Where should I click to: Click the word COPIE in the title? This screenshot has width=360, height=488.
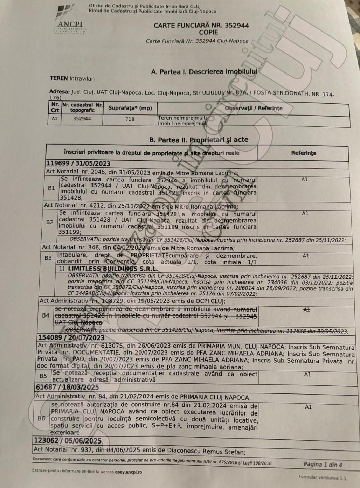click(208, 32)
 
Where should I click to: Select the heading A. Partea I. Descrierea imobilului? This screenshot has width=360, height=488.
click(204, 72)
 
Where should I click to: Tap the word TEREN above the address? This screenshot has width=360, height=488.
click(58, 78)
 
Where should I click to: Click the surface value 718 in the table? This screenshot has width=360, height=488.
click(130, 119)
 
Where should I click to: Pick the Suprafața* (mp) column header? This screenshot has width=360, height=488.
click(130, 108)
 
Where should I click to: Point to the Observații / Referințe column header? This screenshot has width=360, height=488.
click(254, 108)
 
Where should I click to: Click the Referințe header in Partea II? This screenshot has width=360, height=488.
click(303, 153)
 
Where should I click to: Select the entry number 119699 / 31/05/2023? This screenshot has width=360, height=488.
click(78, 163)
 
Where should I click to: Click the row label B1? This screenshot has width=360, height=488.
click(51, 188)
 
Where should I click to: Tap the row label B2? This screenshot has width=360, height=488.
click(50, 222)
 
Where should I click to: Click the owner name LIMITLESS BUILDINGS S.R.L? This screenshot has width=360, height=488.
click(112, 269)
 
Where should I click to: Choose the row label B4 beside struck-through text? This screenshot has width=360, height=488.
click(46, 315)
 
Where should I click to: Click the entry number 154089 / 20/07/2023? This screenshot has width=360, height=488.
click(71, 337)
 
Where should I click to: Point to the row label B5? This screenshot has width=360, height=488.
click(43, 376)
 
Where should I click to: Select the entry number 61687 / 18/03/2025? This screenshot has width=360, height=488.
click(67, 388)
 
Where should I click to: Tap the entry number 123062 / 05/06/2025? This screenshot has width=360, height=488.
click(68, 441)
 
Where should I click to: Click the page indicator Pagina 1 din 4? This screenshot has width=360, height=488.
click(323, 465)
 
